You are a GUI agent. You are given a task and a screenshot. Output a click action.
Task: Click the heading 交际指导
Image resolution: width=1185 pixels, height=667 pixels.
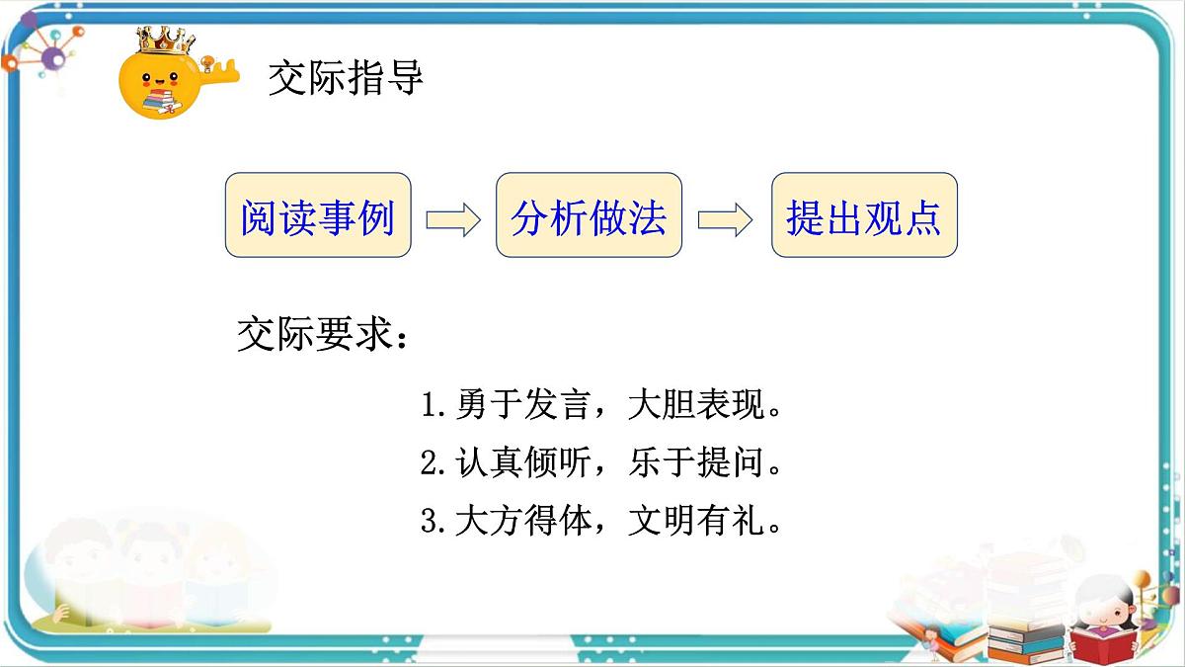[x=346, y=78]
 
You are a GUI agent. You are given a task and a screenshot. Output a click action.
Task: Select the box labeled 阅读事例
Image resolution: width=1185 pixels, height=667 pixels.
[x=318, y=216]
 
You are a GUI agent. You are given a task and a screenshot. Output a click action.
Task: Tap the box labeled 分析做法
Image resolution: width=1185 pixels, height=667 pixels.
[x=589, y=216]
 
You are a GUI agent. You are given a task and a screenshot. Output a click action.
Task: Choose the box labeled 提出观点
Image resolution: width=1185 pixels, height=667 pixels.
[x=864, y=216]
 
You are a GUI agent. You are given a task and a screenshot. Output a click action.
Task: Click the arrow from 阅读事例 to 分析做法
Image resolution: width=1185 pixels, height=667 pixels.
[x=453, y=218]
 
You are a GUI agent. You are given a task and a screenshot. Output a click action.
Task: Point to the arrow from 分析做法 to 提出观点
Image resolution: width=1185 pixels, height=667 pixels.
[x=726, y=218]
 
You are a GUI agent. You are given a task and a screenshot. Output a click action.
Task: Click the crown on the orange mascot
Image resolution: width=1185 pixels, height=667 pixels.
[x=165, y=41]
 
